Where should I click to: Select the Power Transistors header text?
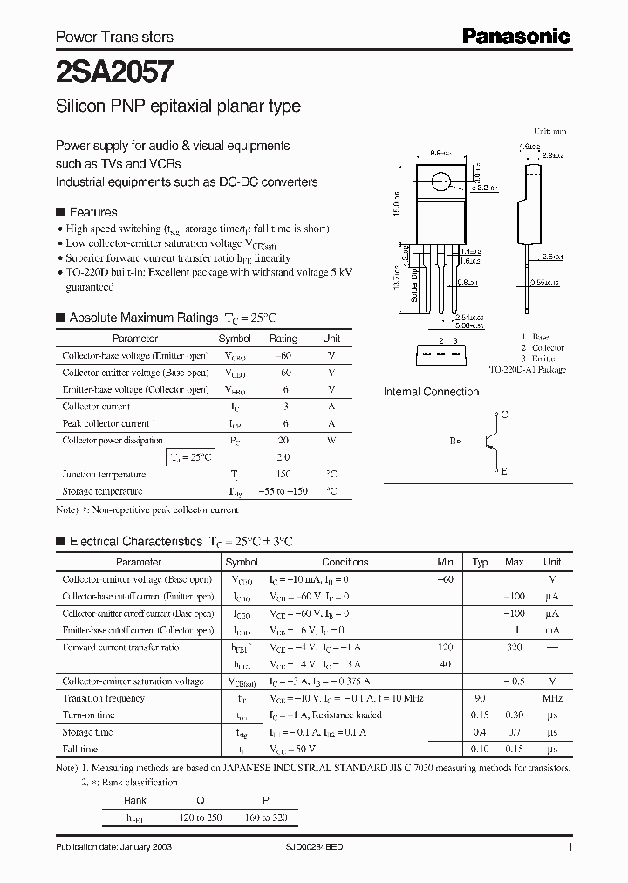[114, 37]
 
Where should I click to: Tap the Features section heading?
[92, 212]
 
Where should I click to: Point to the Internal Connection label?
[431, 392]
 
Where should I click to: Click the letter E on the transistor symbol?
[503, 470]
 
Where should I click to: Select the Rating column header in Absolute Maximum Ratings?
[283, 338]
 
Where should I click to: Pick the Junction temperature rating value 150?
[283, 475]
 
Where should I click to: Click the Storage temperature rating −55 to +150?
[283, 491]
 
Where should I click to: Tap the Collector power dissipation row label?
[113, 441]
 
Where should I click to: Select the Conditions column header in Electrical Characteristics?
[345, 562]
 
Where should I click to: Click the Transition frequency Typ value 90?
[479, 699]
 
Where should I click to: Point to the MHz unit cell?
[551, 699]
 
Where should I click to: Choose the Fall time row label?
[80, 750]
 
